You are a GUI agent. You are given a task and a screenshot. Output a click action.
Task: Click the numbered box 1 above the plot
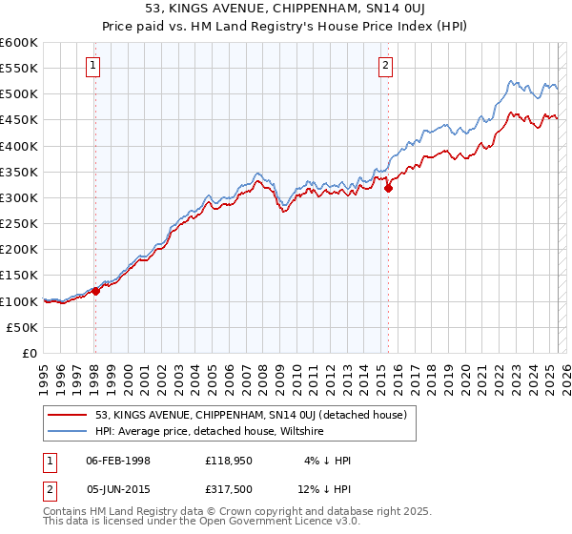[x=94, y=66]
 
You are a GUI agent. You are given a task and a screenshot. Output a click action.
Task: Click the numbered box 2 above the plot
[x=385, y=66]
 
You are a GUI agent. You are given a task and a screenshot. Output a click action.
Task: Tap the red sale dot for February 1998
[x=95, y=291]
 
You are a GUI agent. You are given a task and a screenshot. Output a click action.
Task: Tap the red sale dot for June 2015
[x=388, y=189]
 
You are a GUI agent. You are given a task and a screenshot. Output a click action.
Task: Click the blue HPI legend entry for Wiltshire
[x=210, y=431]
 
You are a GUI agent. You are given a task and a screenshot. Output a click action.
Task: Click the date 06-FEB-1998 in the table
[x=118, y=461]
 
